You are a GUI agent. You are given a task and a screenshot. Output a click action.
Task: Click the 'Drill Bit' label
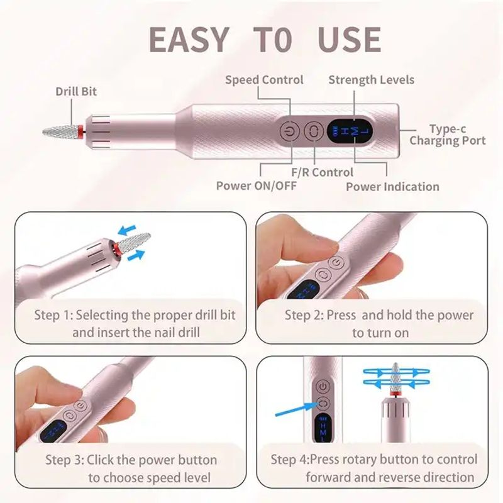pos(76,92)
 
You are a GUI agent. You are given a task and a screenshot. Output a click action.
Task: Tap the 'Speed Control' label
pos(264,80)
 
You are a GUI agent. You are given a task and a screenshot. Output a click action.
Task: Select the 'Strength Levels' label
pos(371,80)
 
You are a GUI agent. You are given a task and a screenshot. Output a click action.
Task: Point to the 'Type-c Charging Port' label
pos(447,135)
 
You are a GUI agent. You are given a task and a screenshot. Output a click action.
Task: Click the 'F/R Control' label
pos(322,172)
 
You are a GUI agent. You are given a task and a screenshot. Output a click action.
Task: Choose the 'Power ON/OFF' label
pos(256,186)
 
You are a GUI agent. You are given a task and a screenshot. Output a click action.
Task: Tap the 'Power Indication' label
pos(392,187)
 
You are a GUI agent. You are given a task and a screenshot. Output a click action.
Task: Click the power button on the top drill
pos(287,132)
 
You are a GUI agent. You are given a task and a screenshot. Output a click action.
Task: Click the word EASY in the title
pos(189,40)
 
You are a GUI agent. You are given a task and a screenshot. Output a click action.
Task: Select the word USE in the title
pos(349,40)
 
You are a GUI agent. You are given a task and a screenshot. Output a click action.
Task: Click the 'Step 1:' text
pos(53,315)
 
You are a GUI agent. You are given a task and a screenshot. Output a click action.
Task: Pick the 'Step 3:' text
pos(64,460)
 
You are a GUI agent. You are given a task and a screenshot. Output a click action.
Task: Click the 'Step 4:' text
pos(291,460)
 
